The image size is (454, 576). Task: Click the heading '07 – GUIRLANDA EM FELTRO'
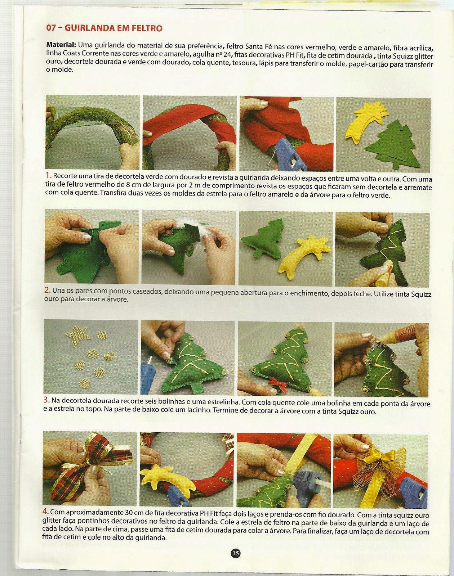(104, 28)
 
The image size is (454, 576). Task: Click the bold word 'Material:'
(61, 44)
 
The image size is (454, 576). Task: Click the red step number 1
(48, 175)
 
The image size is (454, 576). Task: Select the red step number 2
(48, 290)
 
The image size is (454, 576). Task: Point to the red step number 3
(46, 400)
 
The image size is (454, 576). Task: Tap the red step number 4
(45, 511)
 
